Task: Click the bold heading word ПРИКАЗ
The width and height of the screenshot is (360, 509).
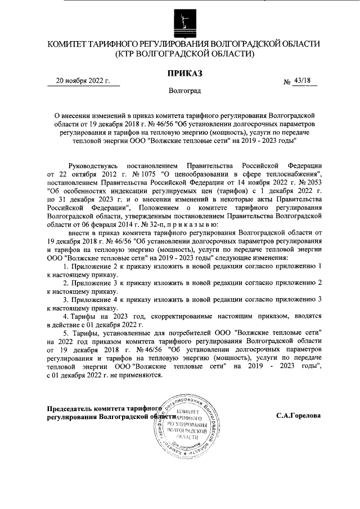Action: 184,73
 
